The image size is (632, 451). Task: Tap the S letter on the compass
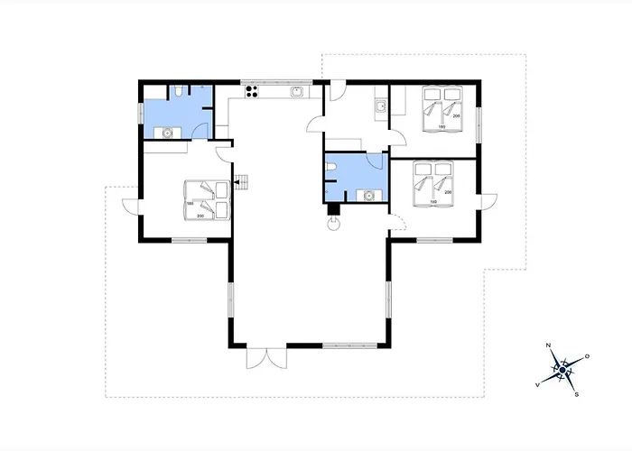click(577, 394)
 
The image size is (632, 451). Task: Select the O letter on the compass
click(587, 357)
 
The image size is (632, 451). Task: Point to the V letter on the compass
click(539, 384)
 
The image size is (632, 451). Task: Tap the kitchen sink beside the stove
click(295, 91)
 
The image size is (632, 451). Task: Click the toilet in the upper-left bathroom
click(181, 91)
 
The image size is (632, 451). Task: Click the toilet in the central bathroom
click(331, 168)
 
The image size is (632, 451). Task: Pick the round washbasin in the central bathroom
click(368, 193)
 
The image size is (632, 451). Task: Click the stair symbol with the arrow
click(240, 183)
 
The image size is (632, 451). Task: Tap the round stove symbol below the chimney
click(333, 225)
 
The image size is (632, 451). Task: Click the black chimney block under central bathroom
click(333, 212)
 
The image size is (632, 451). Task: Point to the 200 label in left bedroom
click(200, 216)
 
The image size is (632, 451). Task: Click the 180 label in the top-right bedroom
click(441, 127)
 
